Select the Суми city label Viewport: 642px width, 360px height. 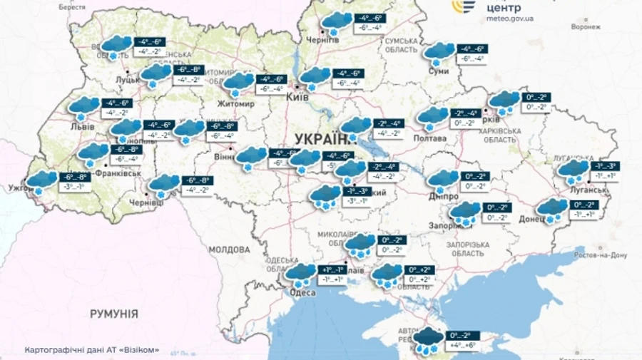pos(439,71)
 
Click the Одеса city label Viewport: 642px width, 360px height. pos(302,292)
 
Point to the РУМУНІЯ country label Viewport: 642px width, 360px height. pos(113,314)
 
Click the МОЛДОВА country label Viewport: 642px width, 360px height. pos(230,250)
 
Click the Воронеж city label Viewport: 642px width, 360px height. pos(586,26)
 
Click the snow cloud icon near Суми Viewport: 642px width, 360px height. pos(438,52)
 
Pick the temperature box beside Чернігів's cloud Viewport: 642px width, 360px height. pos(370,22)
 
